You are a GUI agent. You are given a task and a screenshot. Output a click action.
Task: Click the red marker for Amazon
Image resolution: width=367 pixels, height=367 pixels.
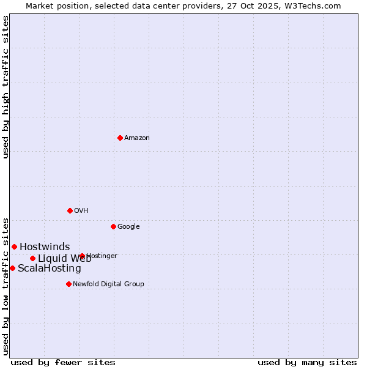pyautogui.click(x=120, y=138)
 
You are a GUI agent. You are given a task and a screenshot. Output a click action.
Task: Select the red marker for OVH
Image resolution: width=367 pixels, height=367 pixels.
pyautogui.click(x=70, y=210)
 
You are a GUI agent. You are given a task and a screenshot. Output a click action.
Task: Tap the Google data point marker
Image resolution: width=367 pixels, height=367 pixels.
pyautogui.click(x=113, y=226)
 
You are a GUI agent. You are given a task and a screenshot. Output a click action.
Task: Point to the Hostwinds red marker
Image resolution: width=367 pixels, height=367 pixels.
pyautogui.click(x=14, y=247)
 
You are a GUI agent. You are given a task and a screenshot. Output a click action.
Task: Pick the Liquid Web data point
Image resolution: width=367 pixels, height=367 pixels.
pyautogui.click(x=32, y=258)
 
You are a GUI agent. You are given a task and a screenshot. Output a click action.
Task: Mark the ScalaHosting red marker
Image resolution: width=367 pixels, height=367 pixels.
pyautogui.click(x=12, y=268)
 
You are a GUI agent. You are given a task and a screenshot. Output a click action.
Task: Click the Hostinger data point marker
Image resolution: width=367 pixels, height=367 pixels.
pyautogui.click(x=82, y=256)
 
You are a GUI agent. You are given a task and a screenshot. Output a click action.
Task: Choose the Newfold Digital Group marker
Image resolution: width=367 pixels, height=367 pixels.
pyautogui.click(x=69, y=284)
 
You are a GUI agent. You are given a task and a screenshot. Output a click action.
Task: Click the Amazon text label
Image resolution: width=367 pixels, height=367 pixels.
pyautogui.click(x=137, y=138)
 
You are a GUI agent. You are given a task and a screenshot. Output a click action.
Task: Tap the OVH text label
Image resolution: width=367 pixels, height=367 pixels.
pyautogui.click(x=81, y=211)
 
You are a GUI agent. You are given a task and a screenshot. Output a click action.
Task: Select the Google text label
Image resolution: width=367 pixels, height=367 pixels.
pyautogui.click(x=128, y=227)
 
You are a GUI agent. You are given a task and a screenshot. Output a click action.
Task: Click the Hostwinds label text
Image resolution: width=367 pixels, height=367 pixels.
pyautogui.click(x=45, y=247)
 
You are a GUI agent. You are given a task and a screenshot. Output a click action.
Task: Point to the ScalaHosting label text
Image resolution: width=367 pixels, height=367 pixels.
pyautogui.click(x=50, y=269)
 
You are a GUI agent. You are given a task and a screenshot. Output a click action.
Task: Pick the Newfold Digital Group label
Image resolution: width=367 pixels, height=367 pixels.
pyautogui.click(x=108, y=284)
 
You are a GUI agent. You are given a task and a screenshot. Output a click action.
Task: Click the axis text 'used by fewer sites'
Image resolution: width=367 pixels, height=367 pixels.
pyautogui.click(x=63, y=362)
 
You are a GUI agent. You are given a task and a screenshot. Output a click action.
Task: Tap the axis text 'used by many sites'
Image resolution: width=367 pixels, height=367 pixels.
pyautogui.click(x=307, y=362)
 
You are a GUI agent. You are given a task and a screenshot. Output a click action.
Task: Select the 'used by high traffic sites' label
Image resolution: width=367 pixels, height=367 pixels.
pyautogui.click(x=6, y=87)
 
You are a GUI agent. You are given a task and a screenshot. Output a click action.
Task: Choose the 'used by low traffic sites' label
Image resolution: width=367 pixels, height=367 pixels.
pyautogui.click(x=6, y=286)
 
